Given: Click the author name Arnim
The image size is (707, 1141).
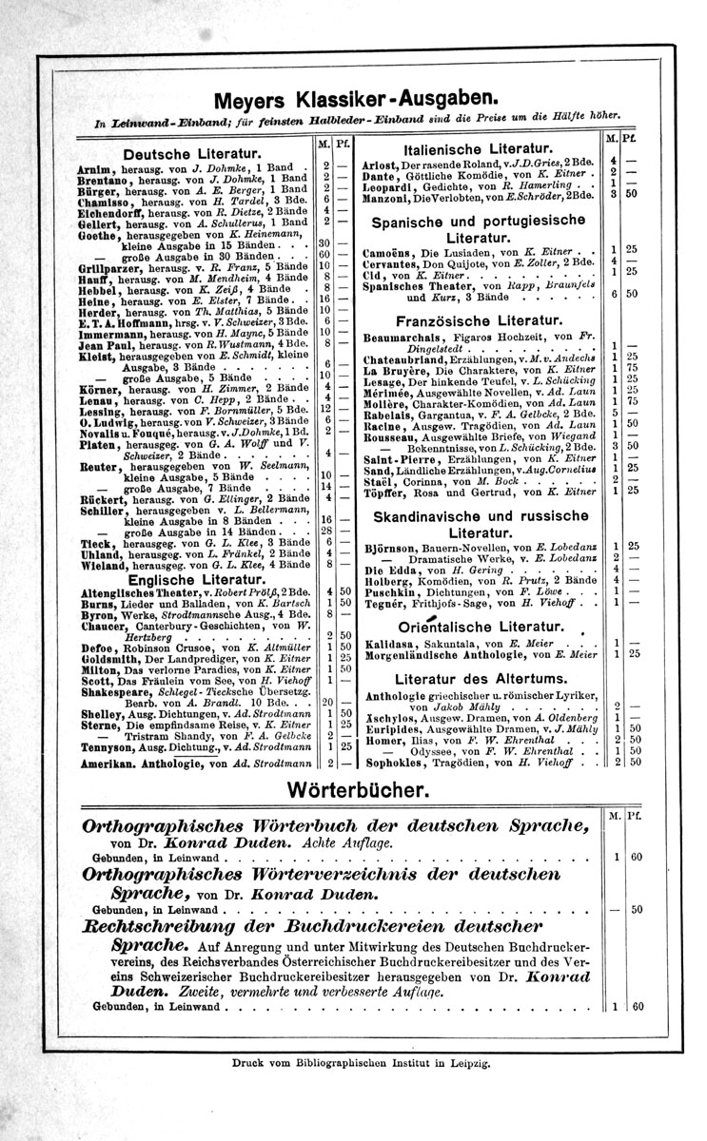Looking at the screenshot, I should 92,167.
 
